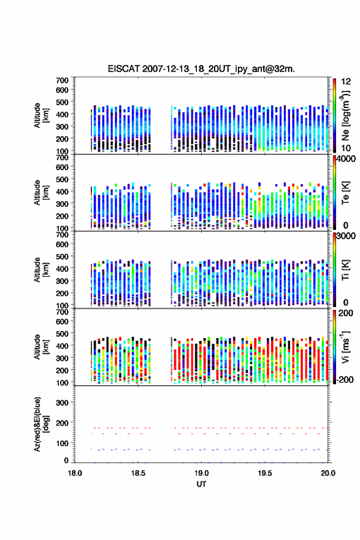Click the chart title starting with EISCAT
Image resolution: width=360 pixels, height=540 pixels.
click(x=201, y=69)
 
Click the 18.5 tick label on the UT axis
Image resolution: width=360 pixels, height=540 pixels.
click(x=138, y=473)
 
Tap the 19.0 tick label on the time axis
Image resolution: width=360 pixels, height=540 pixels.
click(x=201, y=473)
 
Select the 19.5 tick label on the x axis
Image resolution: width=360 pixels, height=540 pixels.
click(x=265, y=473)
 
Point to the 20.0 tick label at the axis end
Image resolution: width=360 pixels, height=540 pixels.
click(x=328, y=473)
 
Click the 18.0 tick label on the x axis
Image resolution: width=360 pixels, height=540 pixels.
click(x=75, y=473)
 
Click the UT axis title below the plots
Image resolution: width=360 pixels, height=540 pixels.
click(x=201, y=484)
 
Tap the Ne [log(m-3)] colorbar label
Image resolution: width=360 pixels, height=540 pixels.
click(x=345, y=116)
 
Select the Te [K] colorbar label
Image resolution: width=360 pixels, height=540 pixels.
click(x=345, y=193)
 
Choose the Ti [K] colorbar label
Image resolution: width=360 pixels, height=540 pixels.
click(x=345, y=270)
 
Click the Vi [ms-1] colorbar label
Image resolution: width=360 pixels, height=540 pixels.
click(x=345, y=347)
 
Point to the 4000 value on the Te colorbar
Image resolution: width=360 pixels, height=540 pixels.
click(x=347, y=159)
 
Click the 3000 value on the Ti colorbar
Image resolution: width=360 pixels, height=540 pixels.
click(x=347, y=236)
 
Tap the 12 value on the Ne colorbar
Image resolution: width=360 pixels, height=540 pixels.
click(x=347, y=82)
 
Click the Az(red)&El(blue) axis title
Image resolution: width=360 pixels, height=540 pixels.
click(x=41, y=424)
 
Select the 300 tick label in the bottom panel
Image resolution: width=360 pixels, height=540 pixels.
click(x=62, y=403)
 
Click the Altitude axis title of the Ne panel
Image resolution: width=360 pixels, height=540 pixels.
click(x=41, y=115)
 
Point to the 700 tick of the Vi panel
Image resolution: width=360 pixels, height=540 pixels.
click(x=62, y=312)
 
